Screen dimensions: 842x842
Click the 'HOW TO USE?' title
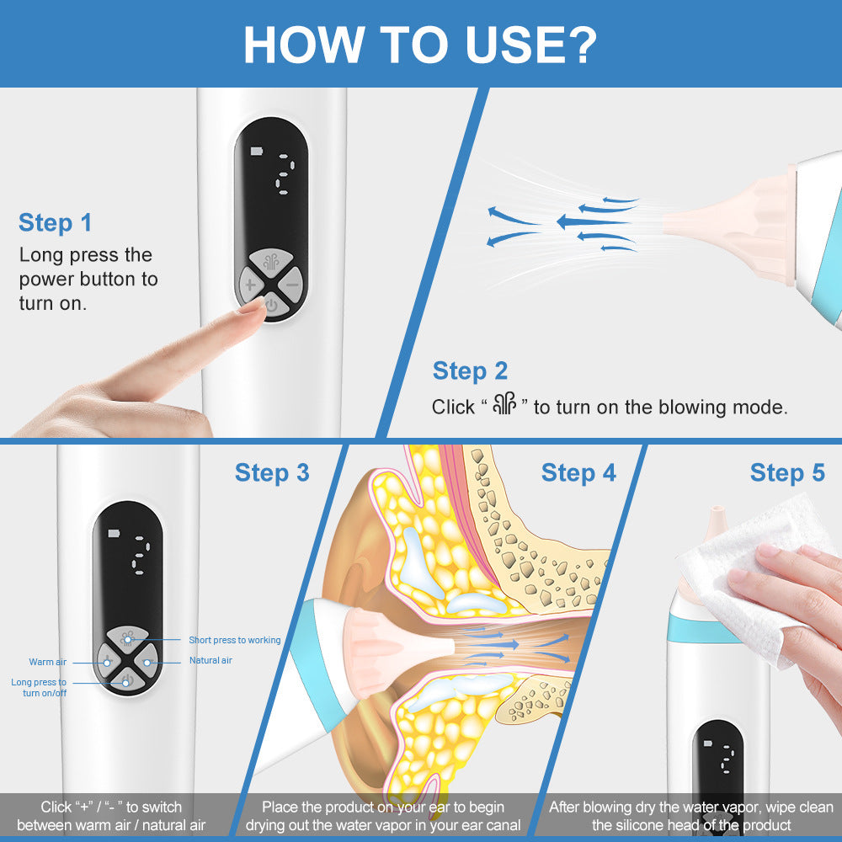tap(420, 45)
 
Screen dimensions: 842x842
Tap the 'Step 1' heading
tap(55, 223)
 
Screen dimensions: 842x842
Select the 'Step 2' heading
tap(470, 371)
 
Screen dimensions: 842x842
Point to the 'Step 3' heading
tap(272, 473)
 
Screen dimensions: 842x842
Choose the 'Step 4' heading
tap(578, 473)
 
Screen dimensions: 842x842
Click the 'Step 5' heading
tap(787, 473)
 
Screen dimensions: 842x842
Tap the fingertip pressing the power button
tap(251, 307)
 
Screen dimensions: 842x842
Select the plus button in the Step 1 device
tap(250, 285)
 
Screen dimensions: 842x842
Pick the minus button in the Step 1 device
tap(291, 285)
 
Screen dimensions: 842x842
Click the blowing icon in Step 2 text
tap(505, 406)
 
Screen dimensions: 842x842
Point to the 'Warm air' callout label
tap(48, 663)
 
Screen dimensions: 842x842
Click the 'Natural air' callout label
tap(210, 661)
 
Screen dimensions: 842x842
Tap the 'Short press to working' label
tap(234, 641)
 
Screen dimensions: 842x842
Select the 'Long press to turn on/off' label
tap(39, 687)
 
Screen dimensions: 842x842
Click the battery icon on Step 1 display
tap(256, 152)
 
